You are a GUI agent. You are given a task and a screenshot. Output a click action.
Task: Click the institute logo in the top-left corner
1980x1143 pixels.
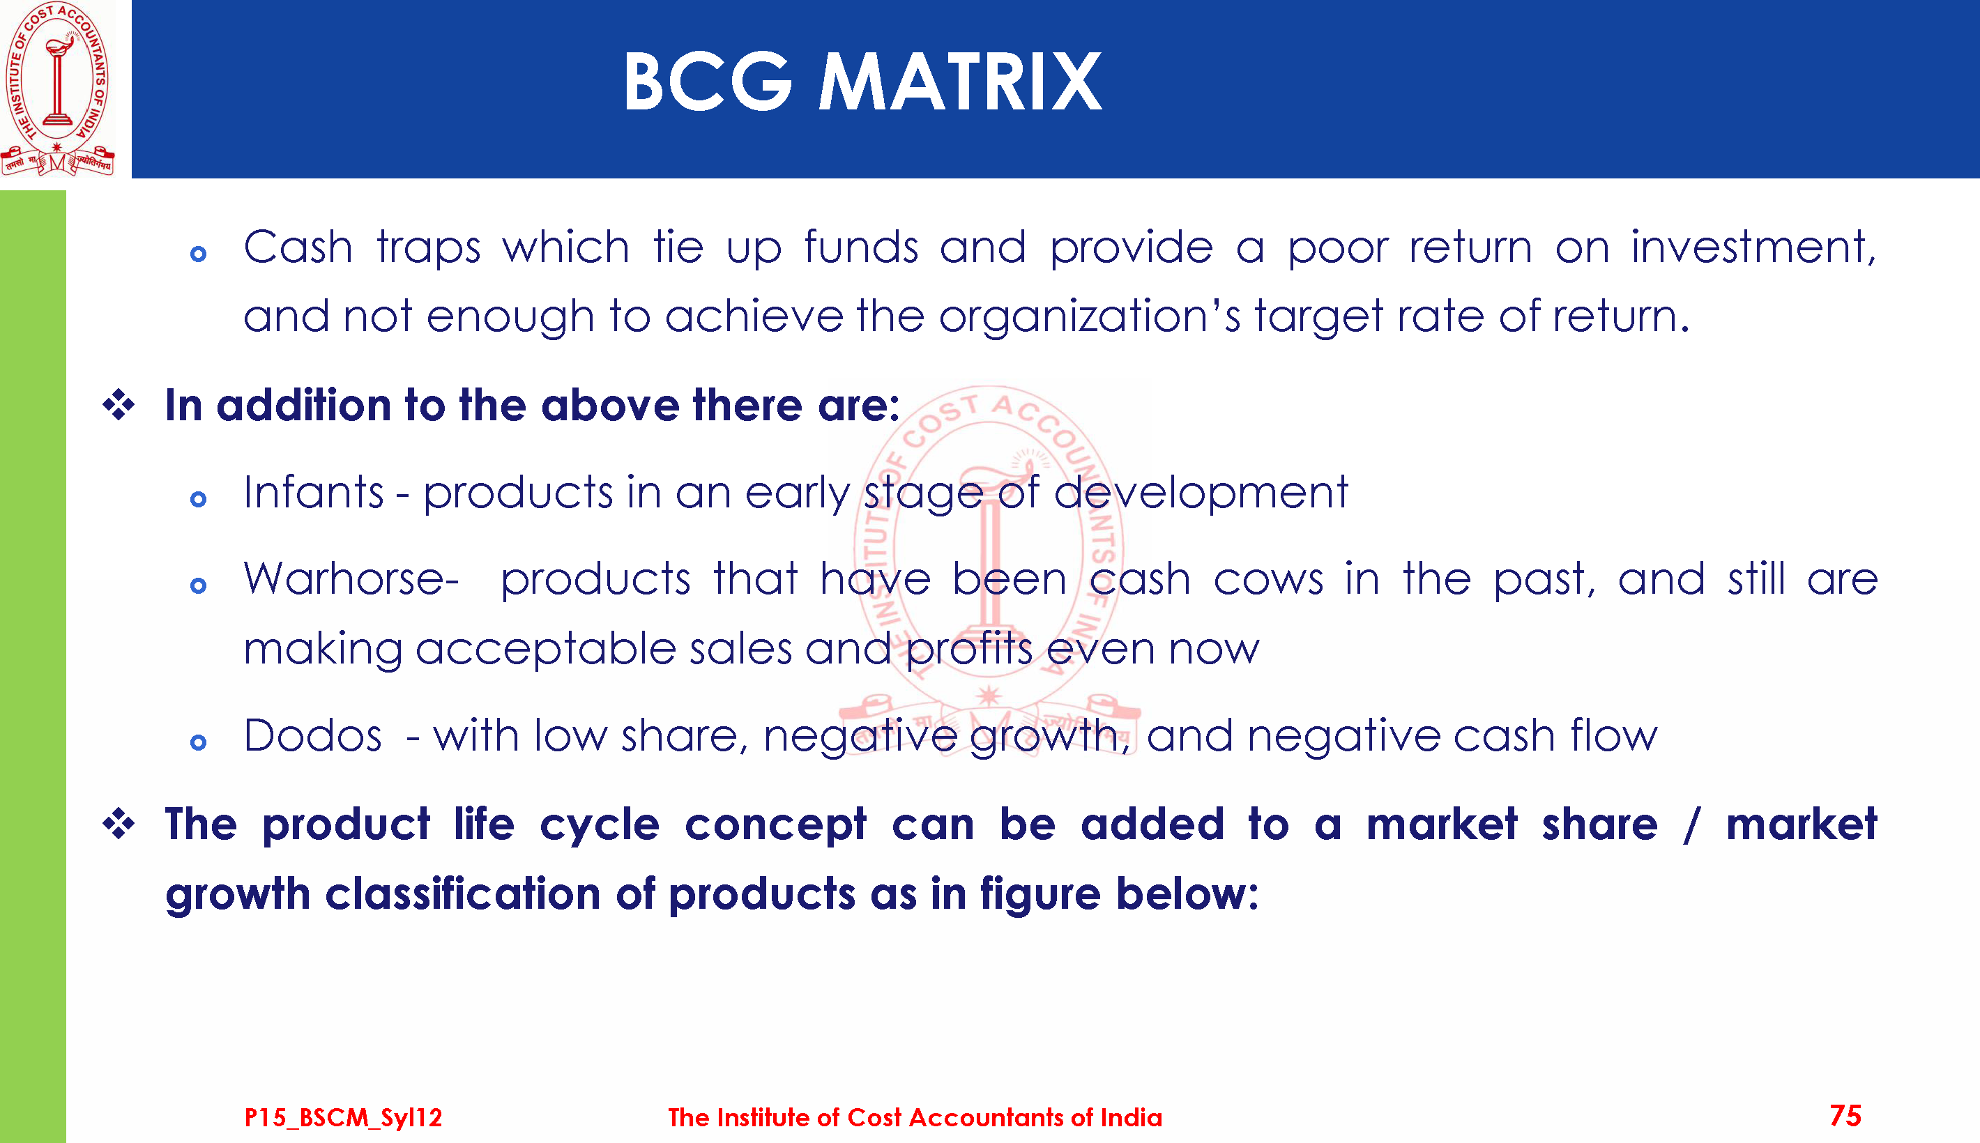click(x=57, y=88)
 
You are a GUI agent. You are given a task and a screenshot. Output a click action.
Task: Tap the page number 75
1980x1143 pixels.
click(x=1845, y=1116)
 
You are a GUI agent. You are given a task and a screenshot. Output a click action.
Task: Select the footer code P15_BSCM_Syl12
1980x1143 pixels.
click(x=343, y=1117)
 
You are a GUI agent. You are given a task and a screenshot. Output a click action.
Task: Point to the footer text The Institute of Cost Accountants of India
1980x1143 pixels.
click(x=915, y=1117)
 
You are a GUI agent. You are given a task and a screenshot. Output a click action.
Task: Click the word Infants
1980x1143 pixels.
click(x=314, y=493)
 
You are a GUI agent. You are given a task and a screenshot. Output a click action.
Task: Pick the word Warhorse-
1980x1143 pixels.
click(x=351, y=579)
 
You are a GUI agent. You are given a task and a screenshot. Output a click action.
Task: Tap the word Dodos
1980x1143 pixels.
click(x=312, y=737)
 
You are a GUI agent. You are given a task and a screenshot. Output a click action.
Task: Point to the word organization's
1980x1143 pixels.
click(x=1090, y=317)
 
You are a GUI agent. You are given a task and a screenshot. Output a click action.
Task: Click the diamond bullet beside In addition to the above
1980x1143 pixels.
click(x=119, y=405)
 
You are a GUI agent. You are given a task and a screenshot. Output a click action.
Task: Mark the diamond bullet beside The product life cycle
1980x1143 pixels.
click(x=119, y=824)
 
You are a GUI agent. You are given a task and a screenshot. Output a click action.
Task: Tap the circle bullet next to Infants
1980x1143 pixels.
click(x=199, y=499)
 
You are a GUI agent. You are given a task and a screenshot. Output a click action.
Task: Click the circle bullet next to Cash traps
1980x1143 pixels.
click(x=199, y=254)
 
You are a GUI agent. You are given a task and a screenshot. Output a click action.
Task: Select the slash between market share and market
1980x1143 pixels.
click(x=1692, y=825)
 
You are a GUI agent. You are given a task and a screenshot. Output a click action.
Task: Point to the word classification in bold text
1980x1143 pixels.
click(x=463, y=894)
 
